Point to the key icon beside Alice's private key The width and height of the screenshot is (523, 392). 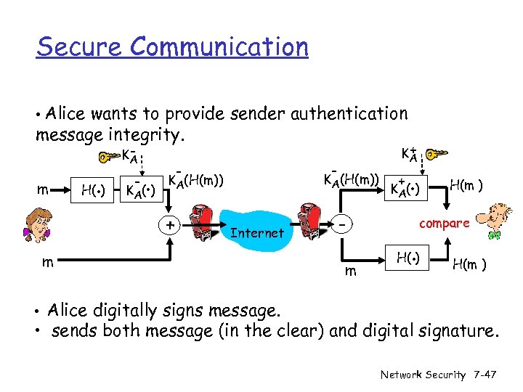point(110,155)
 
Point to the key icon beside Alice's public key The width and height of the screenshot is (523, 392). point(435,154)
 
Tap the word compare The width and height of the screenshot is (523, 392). point(445,224)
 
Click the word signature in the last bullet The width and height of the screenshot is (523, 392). point(460,332)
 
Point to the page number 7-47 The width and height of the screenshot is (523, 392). point(482,375)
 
